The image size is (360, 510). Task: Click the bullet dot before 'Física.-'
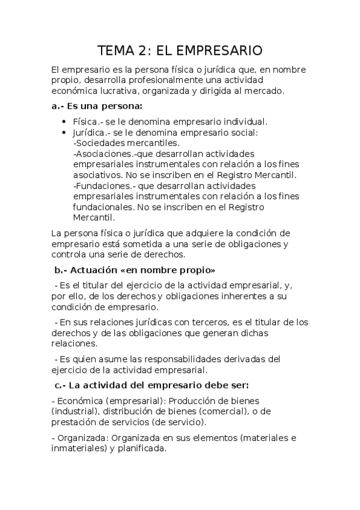[64, 121]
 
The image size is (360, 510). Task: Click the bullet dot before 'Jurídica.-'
[64, 132]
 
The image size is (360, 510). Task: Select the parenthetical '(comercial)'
[227, 411]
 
